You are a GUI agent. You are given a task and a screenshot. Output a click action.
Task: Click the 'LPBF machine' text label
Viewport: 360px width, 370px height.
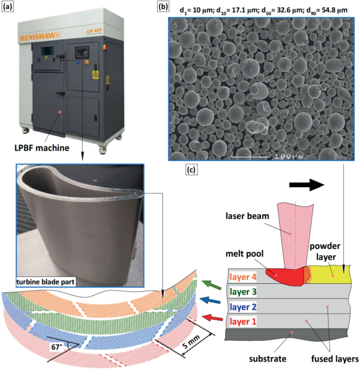coord(43,148)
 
